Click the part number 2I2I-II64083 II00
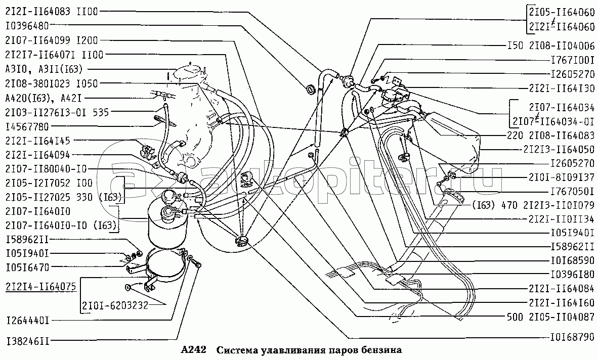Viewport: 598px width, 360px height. tap(52, 12)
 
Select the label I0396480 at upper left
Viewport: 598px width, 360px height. tap(27, 26)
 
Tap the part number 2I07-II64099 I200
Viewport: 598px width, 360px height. tap(52, 40)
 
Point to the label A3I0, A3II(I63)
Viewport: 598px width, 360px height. tap(44, 69)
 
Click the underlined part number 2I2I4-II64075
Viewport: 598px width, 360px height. tap(40, 287)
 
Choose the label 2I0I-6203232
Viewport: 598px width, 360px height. tap(115, 305)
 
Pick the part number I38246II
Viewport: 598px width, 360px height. tap(27, 340)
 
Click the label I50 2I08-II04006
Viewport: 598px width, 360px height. tap(551, 46)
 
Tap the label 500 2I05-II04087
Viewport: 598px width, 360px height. tap(551, 317)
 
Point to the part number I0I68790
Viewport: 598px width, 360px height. tap(573, 337)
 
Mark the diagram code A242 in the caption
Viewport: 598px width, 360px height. tap(193, 350)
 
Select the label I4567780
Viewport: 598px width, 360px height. tap(27, 126)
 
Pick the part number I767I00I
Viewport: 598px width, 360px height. tap(573, 60)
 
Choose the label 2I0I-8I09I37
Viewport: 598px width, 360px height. tap(562, 177)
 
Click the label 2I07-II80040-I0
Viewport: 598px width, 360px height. tap(46, 169)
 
